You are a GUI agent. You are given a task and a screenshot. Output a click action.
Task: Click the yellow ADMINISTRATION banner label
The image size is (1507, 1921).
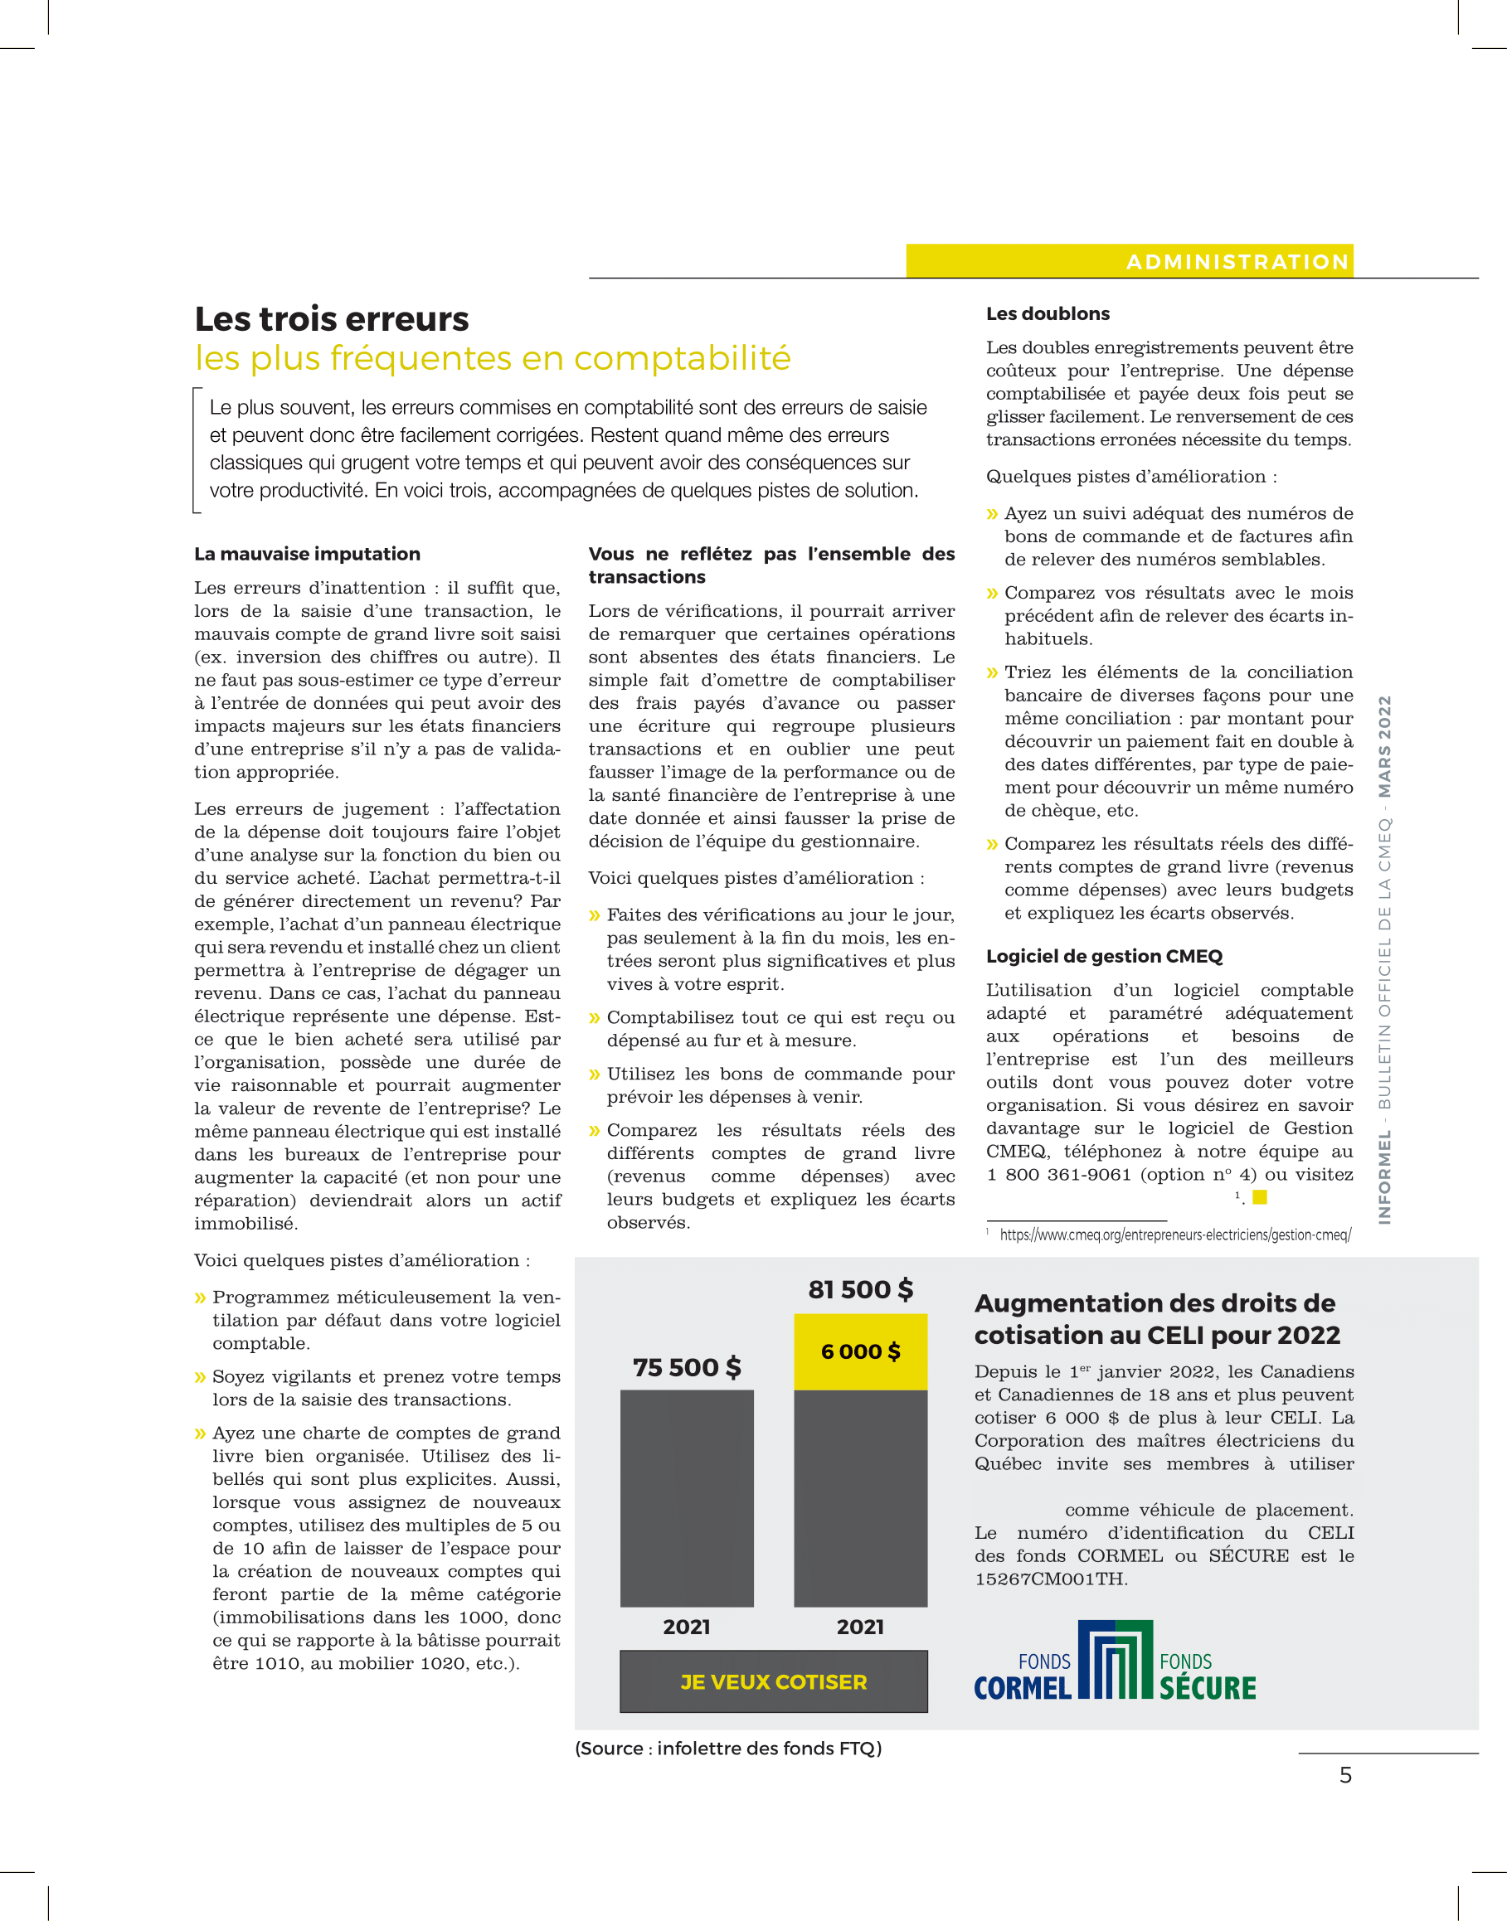click(x=1237, y=262)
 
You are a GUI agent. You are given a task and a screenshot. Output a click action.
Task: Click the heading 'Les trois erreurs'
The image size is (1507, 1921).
click(x=332, y=319)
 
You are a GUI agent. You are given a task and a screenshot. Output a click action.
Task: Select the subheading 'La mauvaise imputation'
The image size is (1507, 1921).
click(x=307, y=554)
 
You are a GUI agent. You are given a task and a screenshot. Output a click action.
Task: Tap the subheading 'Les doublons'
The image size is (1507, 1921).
click(x=1048, y=314)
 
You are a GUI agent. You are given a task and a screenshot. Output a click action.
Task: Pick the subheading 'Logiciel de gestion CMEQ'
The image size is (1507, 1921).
click(x=1104, y=956)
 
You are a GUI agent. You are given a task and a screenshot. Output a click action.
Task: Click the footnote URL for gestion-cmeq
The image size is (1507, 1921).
click(x=1174, y=1235)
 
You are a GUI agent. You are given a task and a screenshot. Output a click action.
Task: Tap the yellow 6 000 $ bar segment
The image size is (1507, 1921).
click(x=860, y=1351)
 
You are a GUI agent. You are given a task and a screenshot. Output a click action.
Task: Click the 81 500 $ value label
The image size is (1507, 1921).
click(x=860, y=1289)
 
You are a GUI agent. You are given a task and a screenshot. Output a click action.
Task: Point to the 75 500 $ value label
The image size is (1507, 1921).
click(x=687, y=1367)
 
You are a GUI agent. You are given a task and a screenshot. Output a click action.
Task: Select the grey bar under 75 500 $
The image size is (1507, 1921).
click(x=687, y=1497)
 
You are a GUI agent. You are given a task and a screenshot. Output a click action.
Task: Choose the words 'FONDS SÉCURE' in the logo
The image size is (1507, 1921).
click(x=1207, y=1677)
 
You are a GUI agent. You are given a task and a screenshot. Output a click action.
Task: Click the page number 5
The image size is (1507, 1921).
click(x=1345, y=1774)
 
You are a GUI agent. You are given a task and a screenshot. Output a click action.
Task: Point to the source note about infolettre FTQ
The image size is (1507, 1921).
click(x=728, y=1748)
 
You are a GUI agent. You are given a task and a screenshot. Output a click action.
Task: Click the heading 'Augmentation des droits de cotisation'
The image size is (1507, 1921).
click(x=1156, y=1318)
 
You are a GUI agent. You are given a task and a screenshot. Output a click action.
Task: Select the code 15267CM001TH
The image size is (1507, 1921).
click(x=1051, y=1579)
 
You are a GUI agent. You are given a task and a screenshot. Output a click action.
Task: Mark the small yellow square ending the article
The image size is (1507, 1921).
click(x=1260, y=1197)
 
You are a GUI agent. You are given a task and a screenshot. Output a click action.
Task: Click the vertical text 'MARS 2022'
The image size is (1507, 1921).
click(x=1384, y=746)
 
